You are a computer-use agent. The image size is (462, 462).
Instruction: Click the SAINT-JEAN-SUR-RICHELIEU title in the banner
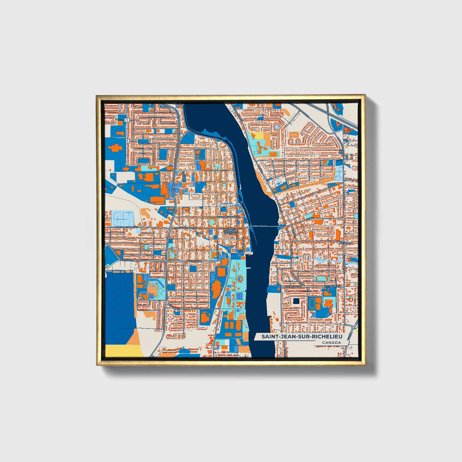click(302, 337)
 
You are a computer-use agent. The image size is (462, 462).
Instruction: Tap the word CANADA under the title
click(331, 343)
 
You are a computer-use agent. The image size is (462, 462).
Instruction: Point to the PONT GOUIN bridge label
click(260, 226)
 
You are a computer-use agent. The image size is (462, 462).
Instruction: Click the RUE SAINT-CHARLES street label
click(228, 217)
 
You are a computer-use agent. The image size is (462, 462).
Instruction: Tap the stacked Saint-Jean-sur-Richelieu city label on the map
click(231, 231)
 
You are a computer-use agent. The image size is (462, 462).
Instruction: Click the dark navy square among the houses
click(296, 301)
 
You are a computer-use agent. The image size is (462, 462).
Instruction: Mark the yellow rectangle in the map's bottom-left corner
click(124, 350)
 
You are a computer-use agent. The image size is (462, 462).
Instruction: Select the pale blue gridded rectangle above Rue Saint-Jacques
click(123, 218)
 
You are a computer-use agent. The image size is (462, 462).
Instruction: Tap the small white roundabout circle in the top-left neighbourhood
click(127, 120)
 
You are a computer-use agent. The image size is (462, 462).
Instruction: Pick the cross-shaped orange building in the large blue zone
click(116, 148)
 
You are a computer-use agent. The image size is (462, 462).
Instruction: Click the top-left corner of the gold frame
click(97, 96)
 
